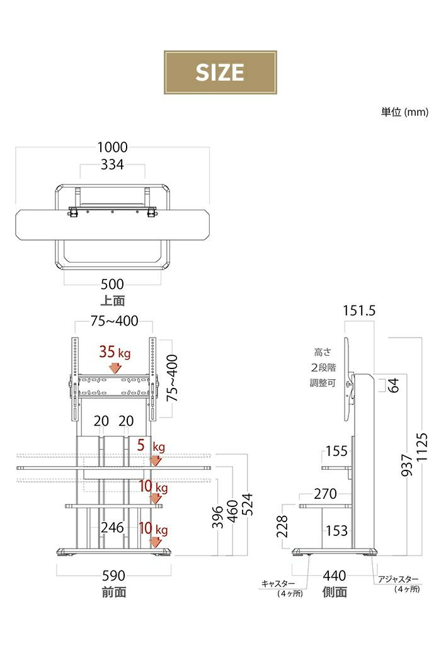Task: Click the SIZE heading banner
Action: pos(220,72)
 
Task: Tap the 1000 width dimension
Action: pos(112,147)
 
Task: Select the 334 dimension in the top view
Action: pos(112,164)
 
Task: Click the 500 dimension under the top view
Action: pos(112,284)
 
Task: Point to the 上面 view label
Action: pos(112,300)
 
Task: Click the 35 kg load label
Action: pos(115,352)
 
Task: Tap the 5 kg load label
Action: pos(151,446)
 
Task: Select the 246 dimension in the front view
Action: pos(112,527)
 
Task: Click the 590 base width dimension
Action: pos(113,576)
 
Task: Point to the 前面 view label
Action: pos(113,592)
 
